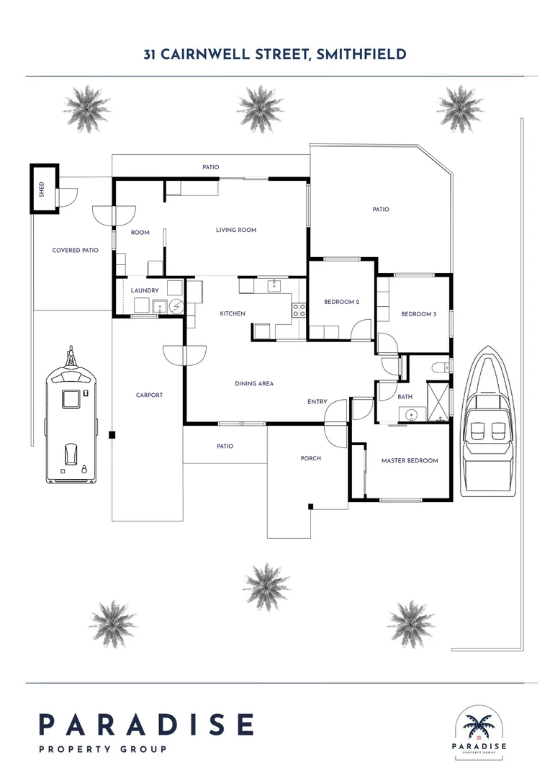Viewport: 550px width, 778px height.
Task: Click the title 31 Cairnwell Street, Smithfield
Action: (x=274, y=54)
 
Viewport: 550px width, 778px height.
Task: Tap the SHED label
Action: (x=42, y=189)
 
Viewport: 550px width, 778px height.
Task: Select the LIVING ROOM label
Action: (x=236, y=231)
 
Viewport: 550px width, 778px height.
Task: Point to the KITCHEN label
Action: (x=233, y=314)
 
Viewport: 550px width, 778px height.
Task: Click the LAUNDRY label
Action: (x=144, y=290)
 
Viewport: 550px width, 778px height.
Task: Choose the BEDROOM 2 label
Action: (x=341, y=302)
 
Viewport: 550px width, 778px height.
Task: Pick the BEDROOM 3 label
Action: (x=418, y=314)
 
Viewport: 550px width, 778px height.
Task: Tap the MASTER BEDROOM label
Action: (x=409, y=461)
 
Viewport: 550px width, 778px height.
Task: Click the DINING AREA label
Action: (x=254, y=384)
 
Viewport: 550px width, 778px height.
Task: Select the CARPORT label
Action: (x=149, y=395)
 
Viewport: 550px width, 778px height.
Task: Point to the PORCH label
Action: (x=310, y=459)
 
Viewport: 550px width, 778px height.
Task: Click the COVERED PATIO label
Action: (x=75, y=251)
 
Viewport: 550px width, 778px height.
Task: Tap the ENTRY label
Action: (x=317, y=402)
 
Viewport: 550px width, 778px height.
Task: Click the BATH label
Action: (x=405, y=397)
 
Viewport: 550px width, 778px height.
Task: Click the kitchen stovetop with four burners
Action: (x=298, y=310)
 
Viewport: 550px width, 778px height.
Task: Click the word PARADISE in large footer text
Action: (x=146, y=725)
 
